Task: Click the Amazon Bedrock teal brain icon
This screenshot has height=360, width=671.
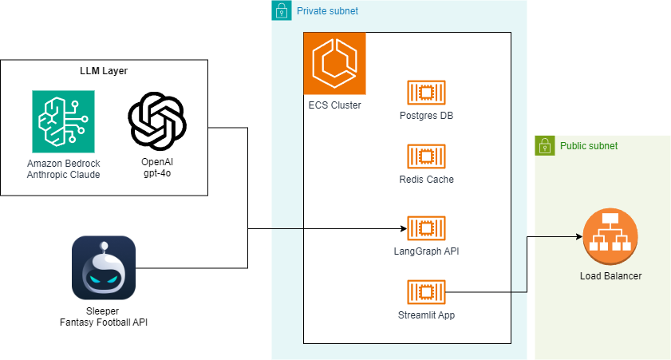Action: click(x=63, y=121)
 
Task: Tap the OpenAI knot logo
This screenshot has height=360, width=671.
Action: click(x=157, y=121)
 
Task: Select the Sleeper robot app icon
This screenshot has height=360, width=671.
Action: click(x=103, y=267)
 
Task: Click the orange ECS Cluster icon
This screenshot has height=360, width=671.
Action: click(x=334, y=63)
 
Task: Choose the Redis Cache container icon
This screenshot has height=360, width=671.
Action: click(x=426, y=156)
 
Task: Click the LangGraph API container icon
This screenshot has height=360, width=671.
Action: click(x=426, y=228)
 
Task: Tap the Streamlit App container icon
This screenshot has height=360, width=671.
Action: click(x=426, y=292)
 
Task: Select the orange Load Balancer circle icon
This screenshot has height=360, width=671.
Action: click(x=610, y=235)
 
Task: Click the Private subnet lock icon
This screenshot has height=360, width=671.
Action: click(x=281, y=10)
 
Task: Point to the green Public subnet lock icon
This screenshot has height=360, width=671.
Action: click(x=545, y=145)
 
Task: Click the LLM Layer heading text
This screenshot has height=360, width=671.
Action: click(x=104, y=71)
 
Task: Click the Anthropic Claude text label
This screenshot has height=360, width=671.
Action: click(x=63, y=174)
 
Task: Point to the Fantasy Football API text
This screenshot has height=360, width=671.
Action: click(x=103, y=322)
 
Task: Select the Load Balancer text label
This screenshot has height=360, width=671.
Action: click(x=610, y=276)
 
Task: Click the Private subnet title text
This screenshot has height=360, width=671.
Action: click(x=327, y=11)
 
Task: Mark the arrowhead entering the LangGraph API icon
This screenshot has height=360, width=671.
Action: click(x=403, y=228)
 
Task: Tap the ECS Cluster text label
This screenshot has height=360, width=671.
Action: click(x=334, y=105)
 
